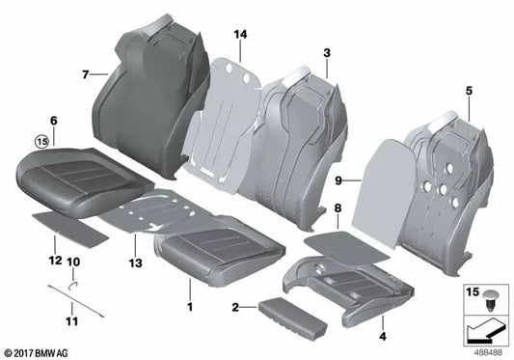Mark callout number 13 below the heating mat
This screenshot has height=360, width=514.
(132, 262)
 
